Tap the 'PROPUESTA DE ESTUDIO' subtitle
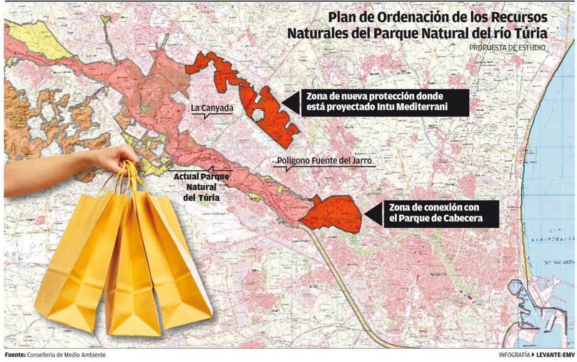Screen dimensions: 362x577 point(507,48)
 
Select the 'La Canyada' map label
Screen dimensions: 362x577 point(212,108)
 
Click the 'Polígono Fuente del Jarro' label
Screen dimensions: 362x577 point(325,161)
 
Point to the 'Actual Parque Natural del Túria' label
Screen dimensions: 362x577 point(201,187)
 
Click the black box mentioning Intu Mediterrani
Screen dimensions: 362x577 point(384,102)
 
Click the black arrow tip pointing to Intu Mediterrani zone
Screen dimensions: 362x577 point(284,103)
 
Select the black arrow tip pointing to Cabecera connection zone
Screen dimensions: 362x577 point(367,214)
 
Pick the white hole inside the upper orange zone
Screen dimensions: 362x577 point(258,115)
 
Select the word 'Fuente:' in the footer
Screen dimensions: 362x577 point(15,355)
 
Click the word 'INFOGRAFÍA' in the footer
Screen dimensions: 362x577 point(514,355)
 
